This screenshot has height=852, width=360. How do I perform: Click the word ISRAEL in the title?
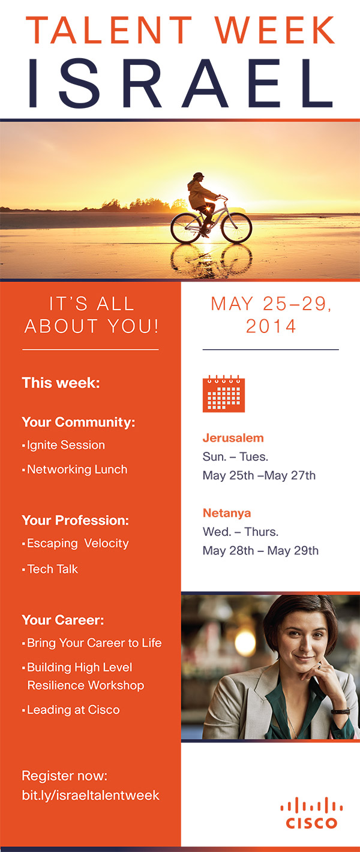tap(181, 83)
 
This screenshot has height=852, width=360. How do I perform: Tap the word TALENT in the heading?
tap(109, 30)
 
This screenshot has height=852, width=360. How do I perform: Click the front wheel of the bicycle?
tap(236, 228)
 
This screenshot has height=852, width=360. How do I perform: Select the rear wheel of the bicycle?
tap(186, 228)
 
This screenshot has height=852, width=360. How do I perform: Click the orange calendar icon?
tap(224, 394)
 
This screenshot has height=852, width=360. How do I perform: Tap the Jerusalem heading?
tap(233, 438)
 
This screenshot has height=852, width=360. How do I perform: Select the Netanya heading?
tap(227, 513)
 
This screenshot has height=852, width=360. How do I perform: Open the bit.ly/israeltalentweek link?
tap(91, 796)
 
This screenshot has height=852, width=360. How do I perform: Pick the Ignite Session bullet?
tap(64, 445)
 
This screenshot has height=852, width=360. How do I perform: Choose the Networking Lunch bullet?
tap(75, 469)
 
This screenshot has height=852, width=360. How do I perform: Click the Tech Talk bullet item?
tap(50, 569)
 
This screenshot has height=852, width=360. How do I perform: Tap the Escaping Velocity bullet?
tap(76, 543)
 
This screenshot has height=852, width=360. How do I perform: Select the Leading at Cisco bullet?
tap(71, 710)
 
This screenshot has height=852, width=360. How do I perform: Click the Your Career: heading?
tap(63, 620)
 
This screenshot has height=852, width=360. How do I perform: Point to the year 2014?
tap(271, 326)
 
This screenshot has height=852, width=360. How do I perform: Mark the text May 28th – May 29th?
tap(260, 550)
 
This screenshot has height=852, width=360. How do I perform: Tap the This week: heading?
tap(61, 383)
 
